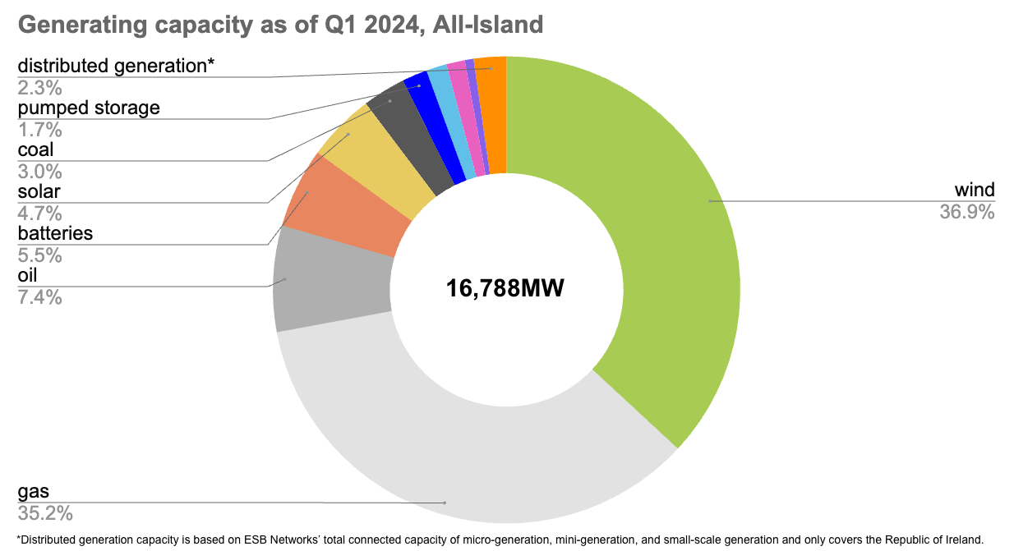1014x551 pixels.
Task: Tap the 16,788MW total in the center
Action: [505, 288]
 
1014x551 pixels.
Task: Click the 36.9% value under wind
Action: [967, 212]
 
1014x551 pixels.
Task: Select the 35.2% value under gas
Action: [45, 513]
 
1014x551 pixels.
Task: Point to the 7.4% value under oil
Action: [39, 297]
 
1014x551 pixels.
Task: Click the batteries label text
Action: [55, 233]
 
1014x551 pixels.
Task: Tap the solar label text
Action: [39, 192]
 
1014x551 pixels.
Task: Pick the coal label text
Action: [35, 149]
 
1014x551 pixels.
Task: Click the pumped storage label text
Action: [89, 108]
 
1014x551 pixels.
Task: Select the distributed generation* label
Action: [116, 66]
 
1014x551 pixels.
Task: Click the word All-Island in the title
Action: [487, 25]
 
